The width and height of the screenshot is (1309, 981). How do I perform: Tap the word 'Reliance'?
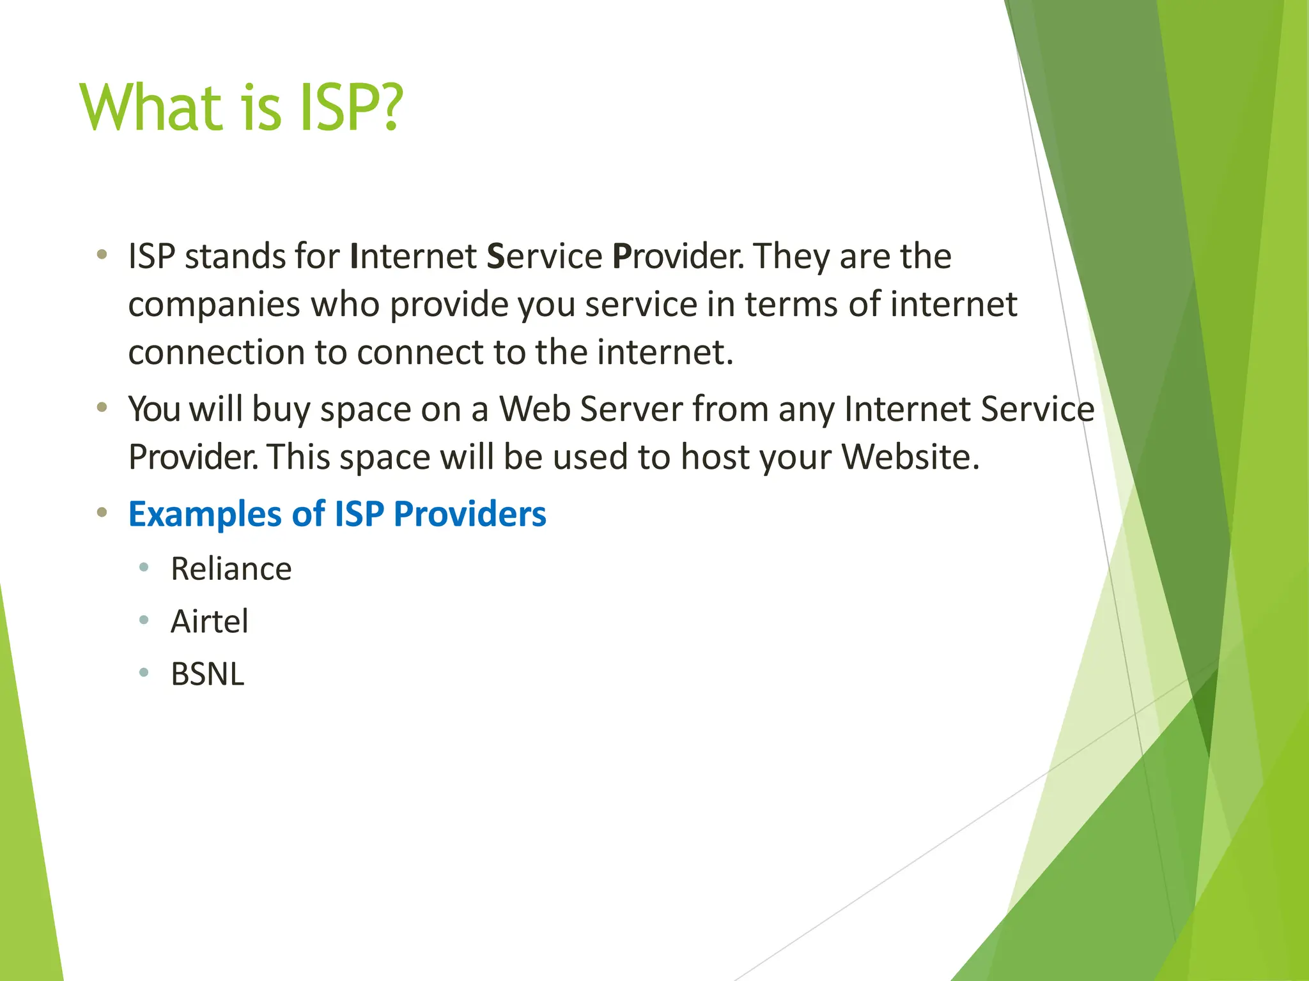[x=231, y=568]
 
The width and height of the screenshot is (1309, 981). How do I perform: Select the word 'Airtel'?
[x=209, y=621]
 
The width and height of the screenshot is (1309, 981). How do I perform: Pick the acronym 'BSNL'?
[x=207, y=674]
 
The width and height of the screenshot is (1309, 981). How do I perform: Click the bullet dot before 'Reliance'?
[x=144, y=567]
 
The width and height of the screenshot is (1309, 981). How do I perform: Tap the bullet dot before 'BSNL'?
[x=144, y=672]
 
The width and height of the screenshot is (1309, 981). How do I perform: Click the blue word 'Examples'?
[x=205, y=514]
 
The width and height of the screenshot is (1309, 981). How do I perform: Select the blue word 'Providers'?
[x=470, y=514]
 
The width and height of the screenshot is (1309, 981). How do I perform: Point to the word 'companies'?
[x=214, y=305]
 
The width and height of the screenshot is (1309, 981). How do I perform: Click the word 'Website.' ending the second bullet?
[x=910, y=457]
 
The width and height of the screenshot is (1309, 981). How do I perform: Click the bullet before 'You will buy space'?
[x=102, y=407]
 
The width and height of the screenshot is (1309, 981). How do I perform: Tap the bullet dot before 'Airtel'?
[x=144, y=620]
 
